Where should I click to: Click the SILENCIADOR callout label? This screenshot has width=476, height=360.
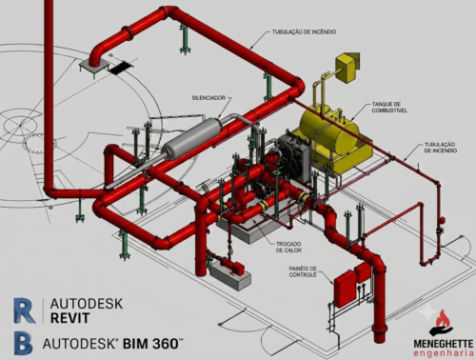pos(208,98)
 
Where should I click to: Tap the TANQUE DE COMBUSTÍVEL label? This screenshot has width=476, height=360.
pos(389,108)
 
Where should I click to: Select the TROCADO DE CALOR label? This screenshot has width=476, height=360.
pos(288,247)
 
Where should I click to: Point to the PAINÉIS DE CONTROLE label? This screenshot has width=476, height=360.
pos(303,271)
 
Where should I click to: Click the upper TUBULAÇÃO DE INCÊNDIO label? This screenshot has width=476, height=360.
pos(304,31)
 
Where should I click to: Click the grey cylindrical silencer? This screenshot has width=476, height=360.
pos(191,136)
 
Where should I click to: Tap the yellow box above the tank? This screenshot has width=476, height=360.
pos(347,68)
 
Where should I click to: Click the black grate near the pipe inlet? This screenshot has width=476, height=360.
pos(121,68)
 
